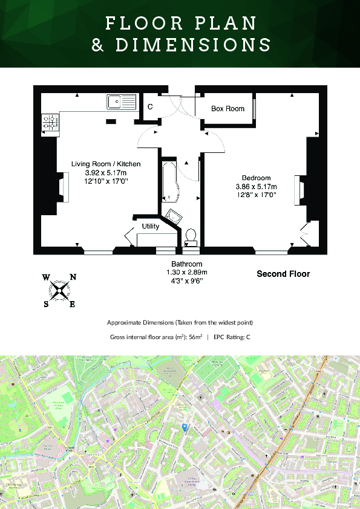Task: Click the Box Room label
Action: (x=227, y=109)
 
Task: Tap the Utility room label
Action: (x=151, y=226)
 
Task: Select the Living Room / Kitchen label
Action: (x=106, y=164)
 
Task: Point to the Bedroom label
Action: (x=256, y=178)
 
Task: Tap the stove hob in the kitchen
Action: (x=50, y=123)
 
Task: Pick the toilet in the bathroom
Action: (x=191, y=236)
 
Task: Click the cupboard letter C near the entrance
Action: (x=150, y=107)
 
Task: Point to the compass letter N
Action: (x=73, y=277)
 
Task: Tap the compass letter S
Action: (x=46, y=304)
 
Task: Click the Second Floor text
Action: (x=283, y=274)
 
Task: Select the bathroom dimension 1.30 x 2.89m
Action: (x=186, y=273)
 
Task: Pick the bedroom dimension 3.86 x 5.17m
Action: (x=256, y=186)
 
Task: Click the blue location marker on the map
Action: (x=185, y=427)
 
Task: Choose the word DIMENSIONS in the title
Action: (x=193, y=45)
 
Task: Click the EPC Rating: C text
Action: (x=232, y=337)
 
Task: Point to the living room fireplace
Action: (x=62, y=187)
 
